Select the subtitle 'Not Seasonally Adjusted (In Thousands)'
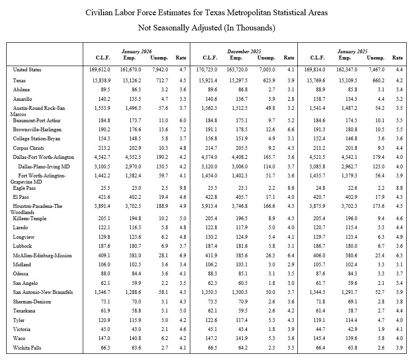coord(206,28)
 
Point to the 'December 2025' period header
coord(244,51)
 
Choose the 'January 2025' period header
coord(353,51)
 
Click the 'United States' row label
coord(27,70)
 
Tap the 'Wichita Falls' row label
coord(27,348)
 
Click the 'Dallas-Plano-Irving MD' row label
coord(44,166)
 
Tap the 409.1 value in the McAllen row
coord(102,255)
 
